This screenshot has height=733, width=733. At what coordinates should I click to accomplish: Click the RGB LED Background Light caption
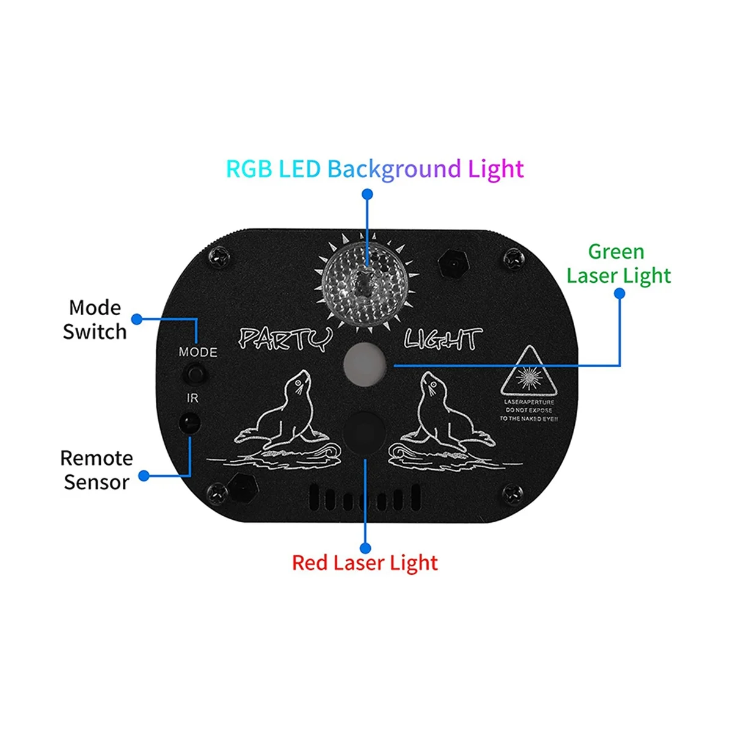[x=374, y=169]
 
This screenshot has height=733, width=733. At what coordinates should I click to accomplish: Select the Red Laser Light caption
[x=365, y=563]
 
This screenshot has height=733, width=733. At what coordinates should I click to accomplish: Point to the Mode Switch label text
[x=95, y=319]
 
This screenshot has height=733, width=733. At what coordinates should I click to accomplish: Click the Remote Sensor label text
[x=97, y=470]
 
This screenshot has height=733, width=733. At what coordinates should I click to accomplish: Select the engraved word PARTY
[x=285, y=339]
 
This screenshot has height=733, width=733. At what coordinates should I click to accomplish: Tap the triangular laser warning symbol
[x=529, y=373]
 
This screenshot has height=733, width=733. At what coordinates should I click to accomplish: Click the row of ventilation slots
[x=365, y=498]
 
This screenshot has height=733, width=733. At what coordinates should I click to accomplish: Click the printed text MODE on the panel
[x=198, y=352]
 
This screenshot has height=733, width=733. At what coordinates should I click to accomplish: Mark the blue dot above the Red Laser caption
[x=365, y=547]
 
